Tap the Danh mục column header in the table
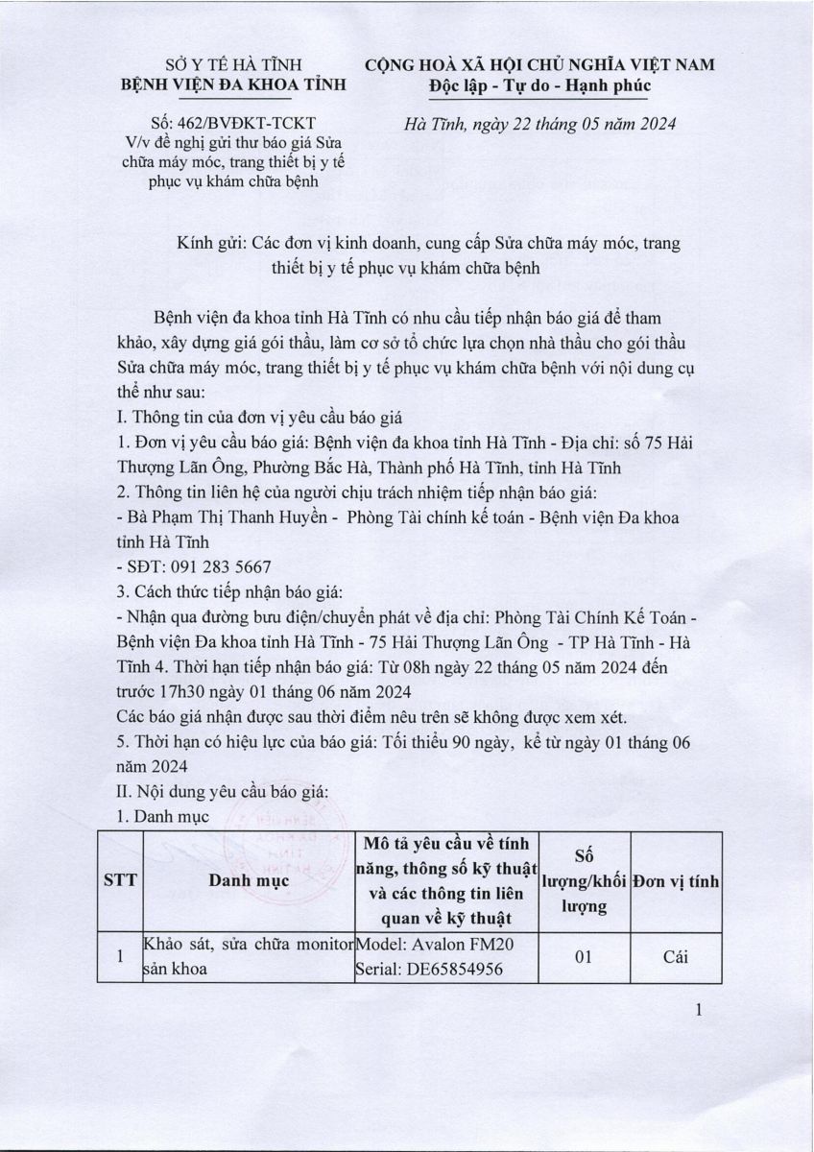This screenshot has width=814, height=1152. (x=247, y=884)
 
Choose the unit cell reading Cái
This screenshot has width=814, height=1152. (x=676, y=956)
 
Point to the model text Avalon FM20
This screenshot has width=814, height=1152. (x=462, y=945)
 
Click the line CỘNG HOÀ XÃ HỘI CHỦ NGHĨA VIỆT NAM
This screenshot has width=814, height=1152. (x=540, y=65)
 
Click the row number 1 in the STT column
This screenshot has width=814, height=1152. (x=120, y=956)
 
